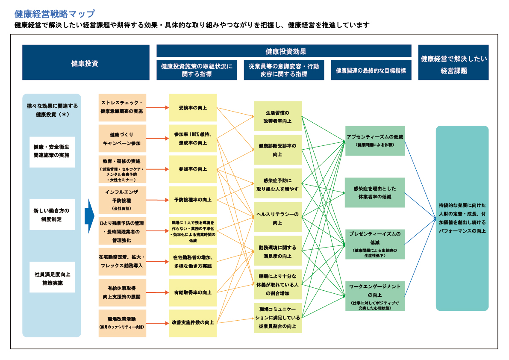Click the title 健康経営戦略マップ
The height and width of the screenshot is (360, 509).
(x=55, y=14)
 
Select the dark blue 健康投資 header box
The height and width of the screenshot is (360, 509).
(x=85, y=63)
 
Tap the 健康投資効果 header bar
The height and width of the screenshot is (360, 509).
(x=284, y=51)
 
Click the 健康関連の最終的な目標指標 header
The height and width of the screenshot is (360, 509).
(x=371, y=70)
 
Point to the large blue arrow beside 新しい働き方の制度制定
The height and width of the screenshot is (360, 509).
(x=89, y=215)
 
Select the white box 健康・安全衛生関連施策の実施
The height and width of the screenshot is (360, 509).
(x=52, y=152)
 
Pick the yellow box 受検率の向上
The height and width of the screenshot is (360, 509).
(x=193, y=108)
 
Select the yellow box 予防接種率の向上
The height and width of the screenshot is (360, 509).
(x=193, y=200)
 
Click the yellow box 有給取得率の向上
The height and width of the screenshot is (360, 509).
(x=193, y=292)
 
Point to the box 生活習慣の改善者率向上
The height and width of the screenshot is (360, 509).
(x=278, y=116)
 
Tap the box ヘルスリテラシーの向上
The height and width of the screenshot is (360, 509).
(x=278, y=218)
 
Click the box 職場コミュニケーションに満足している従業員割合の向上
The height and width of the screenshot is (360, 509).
(x=278, y=318)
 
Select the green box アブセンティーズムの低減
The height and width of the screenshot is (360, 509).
(x=375, y=140)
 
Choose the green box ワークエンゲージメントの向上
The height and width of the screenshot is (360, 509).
(x=375, y=295)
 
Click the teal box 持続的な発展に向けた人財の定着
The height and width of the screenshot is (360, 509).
(x=462, y=218)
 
